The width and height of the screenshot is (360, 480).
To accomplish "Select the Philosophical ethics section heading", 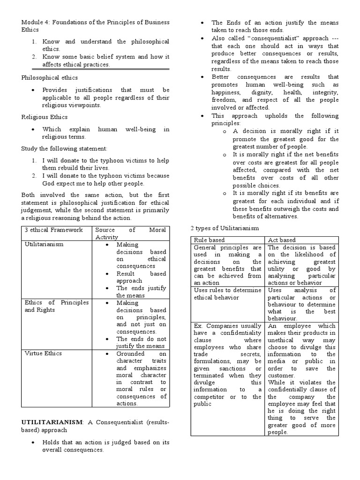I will (x=50, y=77).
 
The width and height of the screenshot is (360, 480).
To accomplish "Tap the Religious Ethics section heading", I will (x=45, y=117).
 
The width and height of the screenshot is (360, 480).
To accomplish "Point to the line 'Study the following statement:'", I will (x=64, y=149).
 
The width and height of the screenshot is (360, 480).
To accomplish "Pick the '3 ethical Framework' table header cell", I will (x=53, y=230).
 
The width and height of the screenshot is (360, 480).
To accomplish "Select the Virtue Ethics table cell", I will (x=44, y=354).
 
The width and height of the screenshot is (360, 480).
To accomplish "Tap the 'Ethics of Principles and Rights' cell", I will (x=56, y=306).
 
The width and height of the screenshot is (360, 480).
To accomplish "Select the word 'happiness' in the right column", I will (x=227, y=92).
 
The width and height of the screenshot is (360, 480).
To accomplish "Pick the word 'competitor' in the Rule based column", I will (x=210, y=397).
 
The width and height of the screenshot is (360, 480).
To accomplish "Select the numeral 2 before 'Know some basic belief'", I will (x=34, y=57).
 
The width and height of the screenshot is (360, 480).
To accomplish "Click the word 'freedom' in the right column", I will (x=224, y=100).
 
